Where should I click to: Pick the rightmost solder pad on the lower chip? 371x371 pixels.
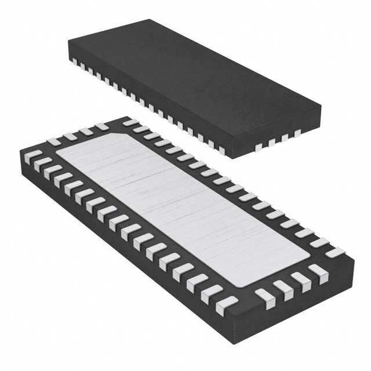click(x=335, y=253)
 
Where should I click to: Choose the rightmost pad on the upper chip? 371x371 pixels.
click(x=297, y=133)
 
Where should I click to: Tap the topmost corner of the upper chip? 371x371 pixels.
click(x=152, y=20)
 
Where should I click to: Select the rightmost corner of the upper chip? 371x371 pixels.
click(x=321, y=106)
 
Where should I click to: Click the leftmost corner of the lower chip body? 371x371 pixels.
click(x=20, y=152)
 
